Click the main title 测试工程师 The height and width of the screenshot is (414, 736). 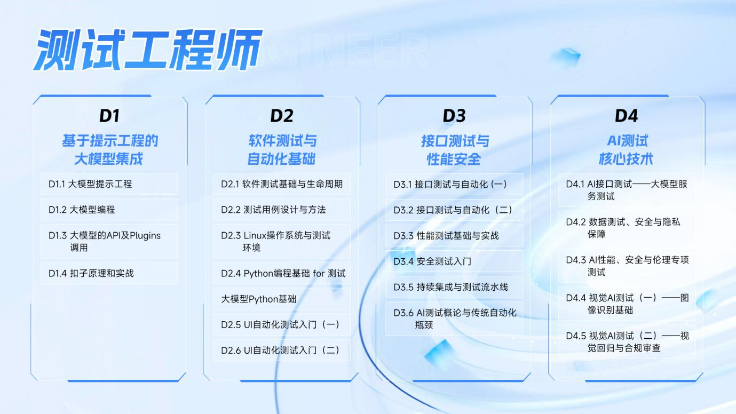coord(148,50)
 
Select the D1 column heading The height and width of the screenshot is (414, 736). coord(109,116)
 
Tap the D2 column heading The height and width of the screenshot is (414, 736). coord(282,116)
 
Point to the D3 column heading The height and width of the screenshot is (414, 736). coord(454,116)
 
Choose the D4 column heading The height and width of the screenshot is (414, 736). coord(626,116)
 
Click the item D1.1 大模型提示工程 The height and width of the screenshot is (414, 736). coord(90,184)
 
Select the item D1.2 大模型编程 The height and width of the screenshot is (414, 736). coord(82,210)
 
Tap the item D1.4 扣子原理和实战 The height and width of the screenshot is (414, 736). coord(91,273)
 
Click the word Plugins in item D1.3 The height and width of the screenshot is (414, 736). coord(145,236)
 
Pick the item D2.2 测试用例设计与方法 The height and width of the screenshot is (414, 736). coord(273,210)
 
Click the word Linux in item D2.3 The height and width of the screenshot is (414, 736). coord(255,235)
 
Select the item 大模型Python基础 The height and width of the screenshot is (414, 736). coord(258,299)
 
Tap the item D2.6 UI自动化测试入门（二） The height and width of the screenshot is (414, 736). coord(281,351)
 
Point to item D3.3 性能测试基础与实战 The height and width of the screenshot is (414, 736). coord(446,235)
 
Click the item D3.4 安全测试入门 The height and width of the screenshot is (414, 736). coord(432,261)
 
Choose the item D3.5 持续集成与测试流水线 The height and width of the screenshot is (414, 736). coord(451,287)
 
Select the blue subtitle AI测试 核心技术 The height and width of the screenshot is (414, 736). coord(626,150)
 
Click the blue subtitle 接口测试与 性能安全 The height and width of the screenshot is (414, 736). coord(455,150)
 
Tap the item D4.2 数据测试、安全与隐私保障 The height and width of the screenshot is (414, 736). coord(623,228)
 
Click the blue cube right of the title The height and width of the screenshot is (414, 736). coord(566,57)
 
